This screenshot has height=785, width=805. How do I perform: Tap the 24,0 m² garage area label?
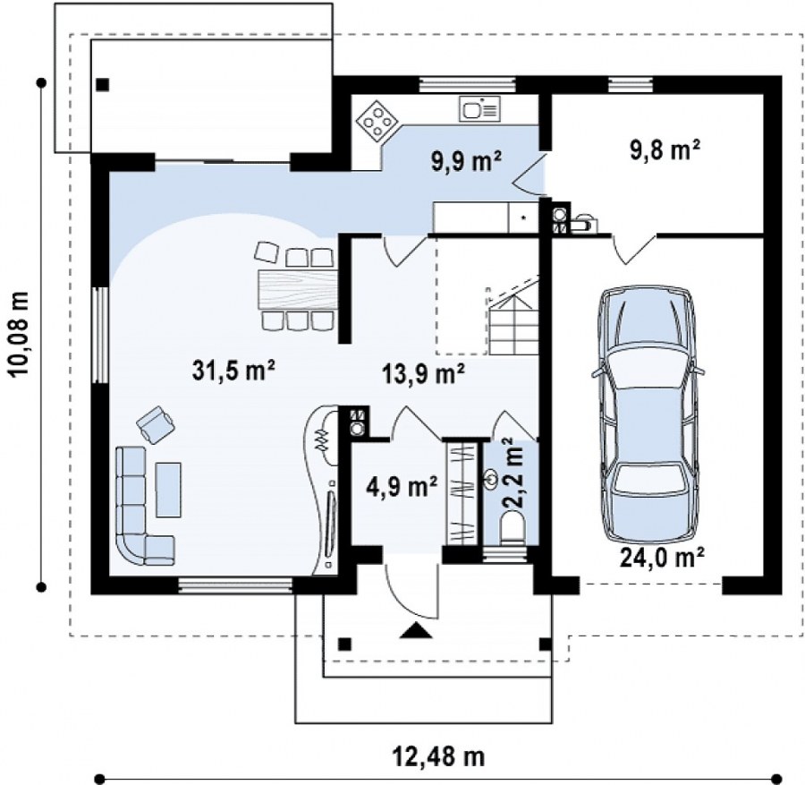click(662, 557)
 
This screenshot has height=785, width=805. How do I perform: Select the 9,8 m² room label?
click(665, 150)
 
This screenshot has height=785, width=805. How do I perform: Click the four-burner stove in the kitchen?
click(377, 121)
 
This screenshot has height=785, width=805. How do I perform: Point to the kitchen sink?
click(479, 109)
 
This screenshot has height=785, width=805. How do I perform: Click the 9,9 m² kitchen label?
click(466, 161)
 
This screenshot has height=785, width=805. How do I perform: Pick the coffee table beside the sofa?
click(168, 490)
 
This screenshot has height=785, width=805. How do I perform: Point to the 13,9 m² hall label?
click(424, 374)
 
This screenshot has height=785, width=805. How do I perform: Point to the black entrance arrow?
click(416, 630)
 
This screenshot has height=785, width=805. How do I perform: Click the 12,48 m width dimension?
click(439, 756)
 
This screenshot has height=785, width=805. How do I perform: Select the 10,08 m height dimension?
click(20, 334)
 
